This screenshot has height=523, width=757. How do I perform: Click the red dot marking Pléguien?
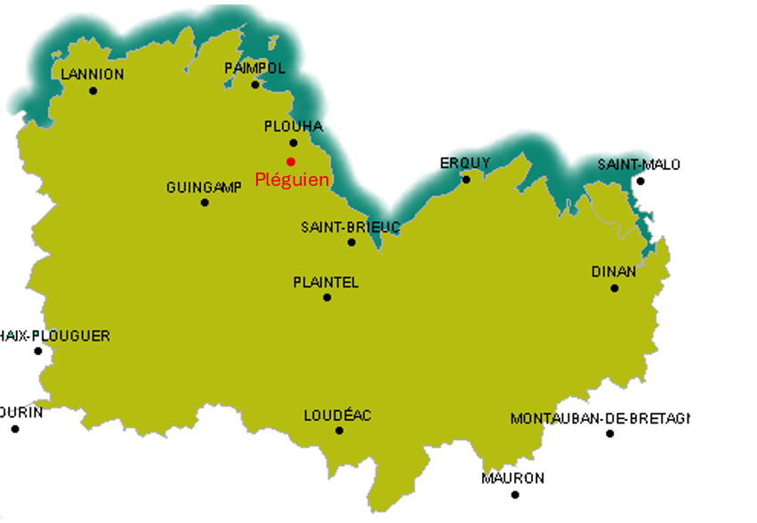tap(291, 161)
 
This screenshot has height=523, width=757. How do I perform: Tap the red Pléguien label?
tap(292, 180)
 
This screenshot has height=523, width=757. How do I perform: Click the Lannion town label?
tap(93, 74)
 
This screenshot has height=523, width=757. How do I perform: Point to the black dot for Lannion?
tap(93, 90)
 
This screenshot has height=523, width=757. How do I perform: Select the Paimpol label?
tap(255, 68)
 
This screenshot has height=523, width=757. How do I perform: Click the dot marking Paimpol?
tap(255, 84)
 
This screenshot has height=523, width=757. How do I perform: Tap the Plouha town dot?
tap(294, 142)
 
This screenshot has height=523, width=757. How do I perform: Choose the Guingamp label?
tap(204, 188)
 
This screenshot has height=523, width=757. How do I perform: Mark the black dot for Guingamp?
tap(205, 203)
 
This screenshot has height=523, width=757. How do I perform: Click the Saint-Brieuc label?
tap(350, 227)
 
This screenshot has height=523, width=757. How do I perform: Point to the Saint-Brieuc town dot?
tap(351, 242)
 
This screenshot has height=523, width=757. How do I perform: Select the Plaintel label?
tap(326, 283)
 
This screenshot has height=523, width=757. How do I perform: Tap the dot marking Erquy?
tap(466, 180)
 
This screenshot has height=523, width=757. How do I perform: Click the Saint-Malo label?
tap(639, 165)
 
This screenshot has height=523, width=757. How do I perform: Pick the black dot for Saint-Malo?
tap(640, 181)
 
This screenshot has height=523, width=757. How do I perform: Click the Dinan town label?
tap(614, 271)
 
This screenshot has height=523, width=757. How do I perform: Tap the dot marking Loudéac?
tap(339, 430)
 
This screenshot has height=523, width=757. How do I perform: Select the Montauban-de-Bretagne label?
tap(600, 418)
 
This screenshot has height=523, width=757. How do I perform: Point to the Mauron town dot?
tap(514, 495)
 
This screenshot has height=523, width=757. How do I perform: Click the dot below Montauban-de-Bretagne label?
tap(610, 433)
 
